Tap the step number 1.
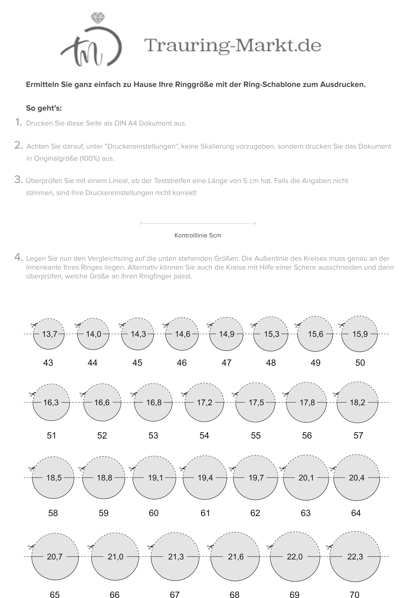click(x=18, y=122)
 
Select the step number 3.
click(x=18, y=179)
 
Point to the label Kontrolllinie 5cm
click(x=198, y=235)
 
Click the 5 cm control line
click(x=198, y=223)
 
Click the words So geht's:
click(x=44, y=108)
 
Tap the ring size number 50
click(x=360, y=363)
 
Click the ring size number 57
click(x=358, y=435)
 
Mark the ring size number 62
click(x=255, y=513)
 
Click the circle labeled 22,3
click(x=355, y=565)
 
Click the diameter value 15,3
click(x=271, y=334)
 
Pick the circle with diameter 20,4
click(x=356, y=485)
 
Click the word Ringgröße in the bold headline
click(x=195, y=84)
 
